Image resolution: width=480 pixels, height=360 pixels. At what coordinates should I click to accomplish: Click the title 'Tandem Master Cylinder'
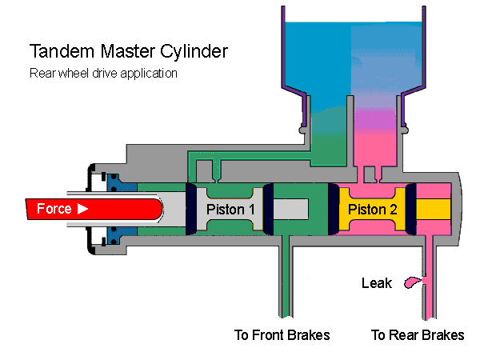click(x=129, y=52)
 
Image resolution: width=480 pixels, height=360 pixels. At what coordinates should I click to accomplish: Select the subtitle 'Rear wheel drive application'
click(x=103, y=73)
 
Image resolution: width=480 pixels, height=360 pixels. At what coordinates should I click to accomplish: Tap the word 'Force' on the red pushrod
click(x=55, y=210)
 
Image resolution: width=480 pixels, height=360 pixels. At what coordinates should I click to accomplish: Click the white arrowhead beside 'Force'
click(x=82, y=210)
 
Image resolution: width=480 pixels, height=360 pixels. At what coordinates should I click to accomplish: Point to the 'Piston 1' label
click(x=230, y=210)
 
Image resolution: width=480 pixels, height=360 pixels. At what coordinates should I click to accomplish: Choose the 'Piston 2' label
click(x=373, y=210)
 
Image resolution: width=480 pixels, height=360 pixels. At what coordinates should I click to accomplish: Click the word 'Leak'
click(x=376, y=283)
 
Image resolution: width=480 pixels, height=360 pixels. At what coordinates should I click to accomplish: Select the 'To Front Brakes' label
click(x=282, y=334)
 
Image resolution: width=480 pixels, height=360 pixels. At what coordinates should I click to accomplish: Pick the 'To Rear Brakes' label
click(x=418, y=334)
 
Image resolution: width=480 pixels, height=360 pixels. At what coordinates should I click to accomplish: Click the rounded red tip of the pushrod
click(x=157, y=210)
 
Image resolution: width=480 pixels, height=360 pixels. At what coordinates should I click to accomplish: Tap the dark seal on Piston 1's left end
click(x=191, y=210)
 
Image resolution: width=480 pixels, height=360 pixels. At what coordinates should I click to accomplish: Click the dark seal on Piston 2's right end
click(x=410, y=210)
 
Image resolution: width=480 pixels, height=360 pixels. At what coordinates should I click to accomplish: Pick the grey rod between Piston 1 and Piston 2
click(x=300, y=210)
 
